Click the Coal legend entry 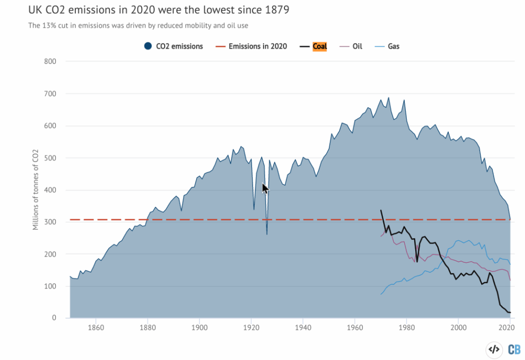pos(319,47)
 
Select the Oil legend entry pos(358,47)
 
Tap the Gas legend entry pos(393,47)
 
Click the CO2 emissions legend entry pos(179,47)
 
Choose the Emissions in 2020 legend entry pos(259,47)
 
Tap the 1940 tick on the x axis pos(302,328)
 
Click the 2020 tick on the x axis pos(506,328)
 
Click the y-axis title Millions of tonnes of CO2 pos(36,190)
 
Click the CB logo pos(513,350)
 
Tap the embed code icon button pos(494,350)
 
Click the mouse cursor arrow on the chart pos(265,188)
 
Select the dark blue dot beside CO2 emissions pos(149,47)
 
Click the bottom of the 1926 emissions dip pos(267,234)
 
